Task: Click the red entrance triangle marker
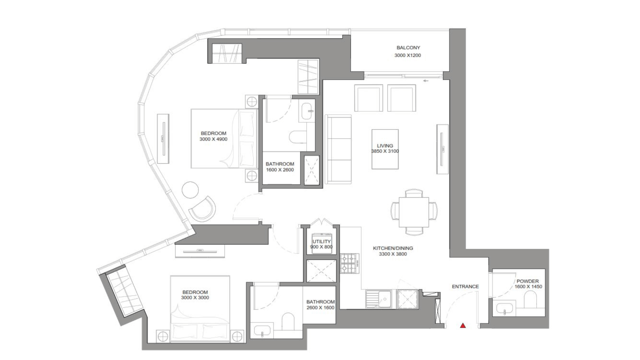click(x=463, y=325)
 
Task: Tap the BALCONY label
click(x=408, y=48)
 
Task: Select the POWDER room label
click(x=528, y=281)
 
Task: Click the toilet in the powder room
click(x=529, y=300)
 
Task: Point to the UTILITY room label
click(x=322, y=241)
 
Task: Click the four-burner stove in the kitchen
click(x=350, y=263)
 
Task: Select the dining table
click(x=414, y=212)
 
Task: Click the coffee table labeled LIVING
click(x=385, y=149)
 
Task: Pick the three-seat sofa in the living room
click(x=338, y=149)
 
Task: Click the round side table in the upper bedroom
click(x=190, y=190)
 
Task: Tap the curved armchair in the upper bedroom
click(x=202, y=209)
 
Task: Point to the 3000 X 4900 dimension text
click(x=213, y=139)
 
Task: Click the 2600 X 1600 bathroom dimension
click(x=320, y=308)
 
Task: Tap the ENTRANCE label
click(x=465, y=286)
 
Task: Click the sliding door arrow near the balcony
click(x=426, y=81)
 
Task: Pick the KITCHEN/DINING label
click(x=393, y=248)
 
